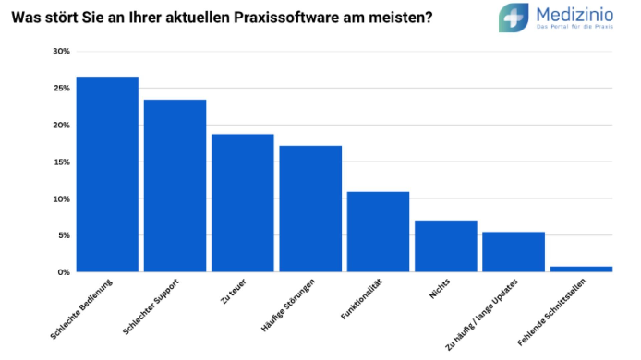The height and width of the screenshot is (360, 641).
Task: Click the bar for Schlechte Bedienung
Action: (x=107, y=174)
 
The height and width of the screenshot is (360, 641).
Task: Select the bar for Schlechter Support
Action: (x=175, y=186)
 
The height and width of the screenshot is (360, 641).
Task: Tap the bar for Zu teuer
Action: (x=243, y=203)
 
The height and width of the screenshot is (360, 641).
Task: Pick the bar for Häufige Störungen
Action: (x=310, y=209)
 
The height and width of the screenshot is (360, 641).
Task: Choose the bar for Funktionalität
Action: (x=378, y=232)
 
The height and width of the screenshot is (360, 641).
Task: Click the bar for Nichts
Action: (x=445, y=246)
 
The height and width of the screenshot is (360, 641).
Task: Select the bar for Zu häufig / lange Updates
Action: (x=514, y=252)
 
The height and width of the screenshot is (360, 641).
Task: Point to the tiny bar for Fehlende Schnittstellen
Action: (x=581, y=270)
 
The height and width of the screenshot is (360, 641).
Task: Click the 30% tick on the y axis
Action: (x=61, y=52)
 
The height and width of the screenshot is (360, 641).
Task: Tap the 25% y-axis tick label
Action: (x=61, y=89)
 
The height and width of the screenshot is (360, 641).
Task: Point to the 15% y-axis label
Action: (x=61, y=162)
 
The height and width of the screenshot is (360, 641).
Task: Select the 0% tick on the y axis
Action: (x=64, y=273)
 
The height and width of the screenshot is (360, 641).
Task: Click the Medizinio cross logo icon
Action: (x=514, y=18)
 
